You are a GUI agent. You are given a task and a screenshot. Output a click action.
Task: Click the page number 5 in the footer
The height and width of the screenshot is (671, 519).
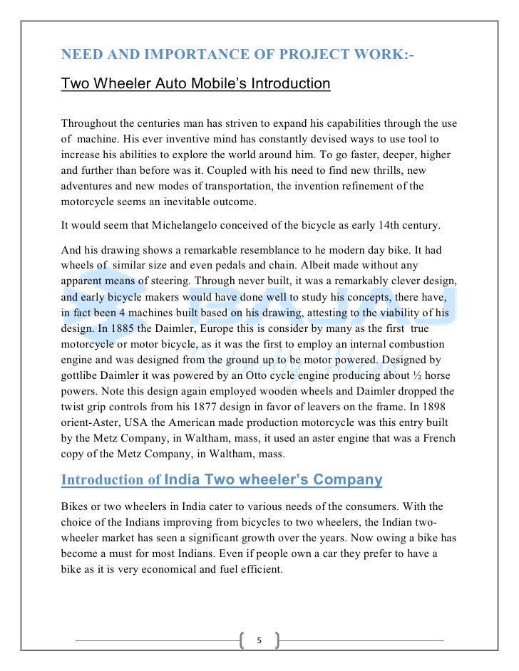(259, 640)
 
